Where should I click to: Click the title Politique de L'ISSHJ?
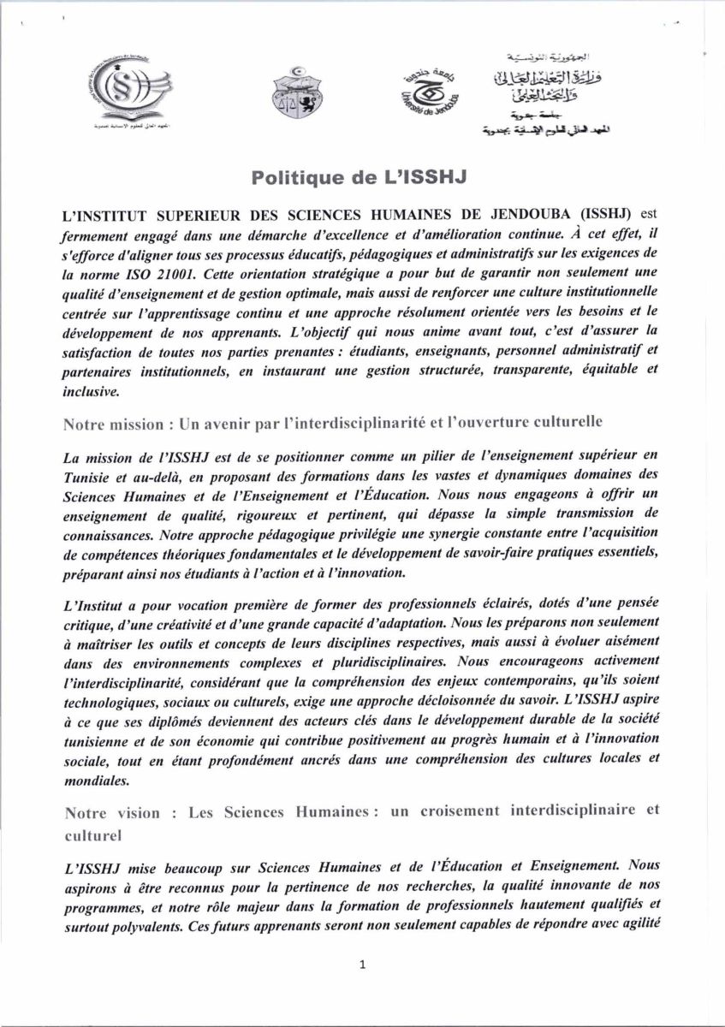pos(361,178)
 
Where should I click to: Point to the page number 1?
pos(363,965)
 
